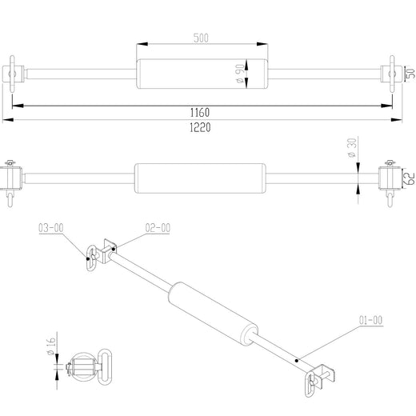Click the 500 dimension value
pyautogui.click(x=201, y=38)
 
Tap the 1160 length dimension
pyautogui.click(x=200, y=113)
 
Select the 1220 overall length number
pyautogui.click(x=200, y=127)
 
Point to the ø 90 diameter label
pyautogui.click(x=240, y=74)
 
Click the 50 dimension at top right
pyautogui.click(x=411, y=74)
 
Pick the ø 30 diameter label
pyautogui.click(x=352, y=148)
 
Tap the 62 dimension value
pyautogui.click(x=410, y=178)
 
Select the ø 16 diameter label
pyautogui.click(x=51, y=346)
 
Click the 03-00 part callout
pyautogui.click(x=51, y=228)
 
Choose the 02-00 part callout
pyautogui.click(x=158, y=228)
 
